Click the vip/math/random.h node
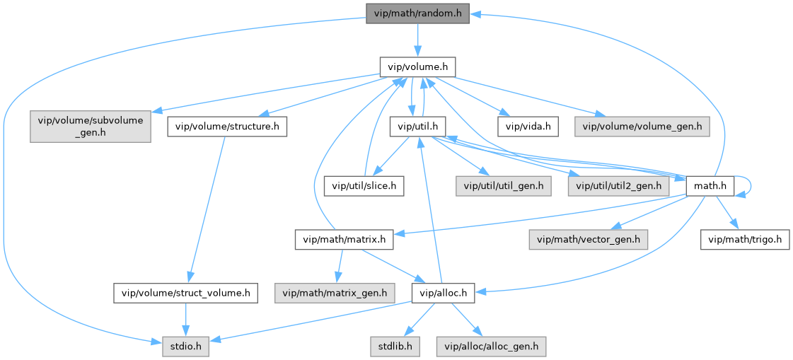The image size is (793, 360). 417,13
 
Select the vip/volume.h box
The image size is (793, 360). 417,67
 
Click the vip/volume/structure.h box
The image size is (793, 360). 227,127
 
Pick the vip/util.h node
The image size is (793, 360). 417,127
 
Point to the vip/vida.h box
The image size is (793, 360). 528,127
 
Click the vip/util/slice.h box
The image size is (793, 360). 364,186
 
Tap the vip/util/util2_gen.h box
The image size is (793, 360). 618,186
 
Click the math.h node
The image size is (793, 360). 710,186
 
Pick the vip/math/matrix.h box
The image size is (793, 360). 344,240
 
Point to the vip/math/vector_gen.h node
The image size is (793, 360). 588,240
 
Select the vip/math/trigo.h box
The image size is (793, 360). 746,240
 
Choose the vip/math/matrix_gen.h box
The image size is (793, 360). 335,292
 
